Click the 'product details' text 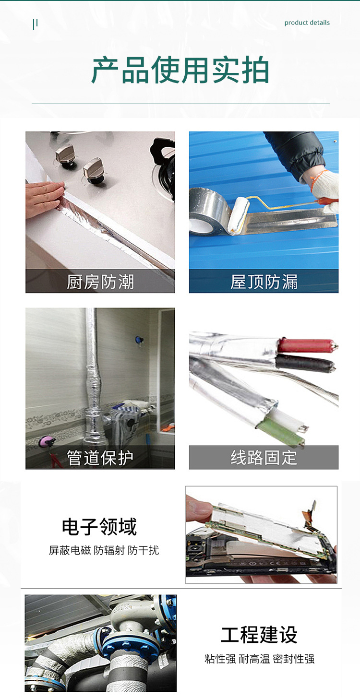(x=307, y=23)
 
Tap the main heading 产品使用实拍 (x=180, y=71)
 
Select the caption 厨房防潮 (x=100, y=282)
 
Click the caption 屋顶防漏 (x=264, y=282)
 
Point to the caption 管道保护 (x=100, y=458)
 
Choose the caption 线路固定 (x=264, y=458)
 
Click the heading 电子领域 (x=99, y=527)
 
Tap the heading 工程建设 (x=259, y=635)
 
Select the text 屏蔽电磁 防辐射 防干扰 (x=104, y=550)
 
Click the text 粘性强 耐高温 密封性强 (x=259, y=659)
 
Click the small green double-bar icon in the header (x=35, y=24)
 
